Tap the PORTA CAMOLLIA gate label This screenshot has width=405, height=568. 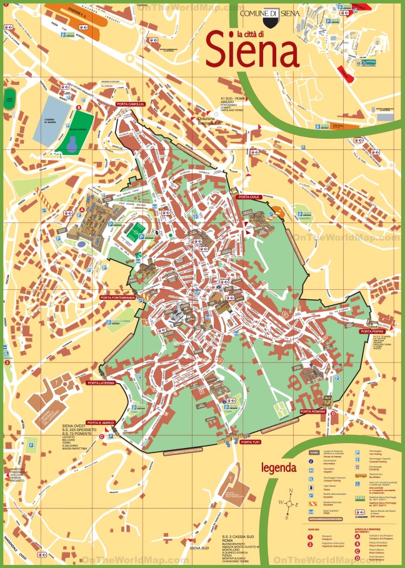point(130,104)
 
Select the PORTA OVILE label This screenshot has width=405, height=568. point(248,197)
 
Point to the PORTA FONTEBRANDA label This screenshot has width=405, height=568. point(117,298)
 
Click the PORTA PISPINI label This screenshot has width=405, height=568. point(376,331)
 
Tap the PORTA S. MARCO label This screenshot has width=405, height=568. point(99,422)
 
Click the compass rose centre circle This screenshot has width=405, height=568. point(289,502)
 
